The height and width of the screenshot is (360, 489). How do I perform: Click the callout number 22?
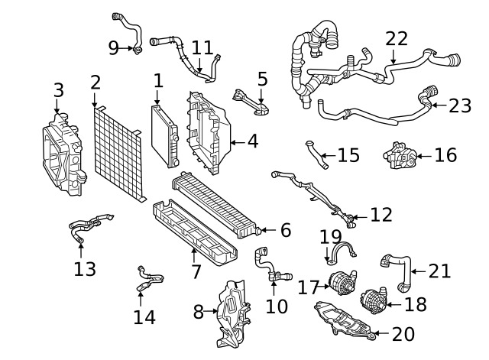(x=397, y=38)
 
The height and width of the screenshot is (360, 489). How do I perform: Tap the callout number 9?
(x=114, y=48)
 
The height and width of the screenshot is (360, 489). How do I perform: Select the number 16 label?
(x=445, y=155)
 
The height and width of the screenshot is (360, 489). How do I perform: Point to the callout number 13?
(x=85, y=268)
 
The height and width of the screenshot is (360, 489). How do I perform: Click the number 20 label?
(x=402, y=334)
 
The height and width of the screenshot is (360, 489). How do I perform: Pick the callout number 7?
(x=196, y=271)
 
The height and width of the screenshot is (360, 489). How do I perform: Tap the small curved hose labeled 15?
(x=316, y=153)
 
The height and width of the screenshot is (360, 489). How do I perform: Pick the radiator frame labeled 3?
(x=63, y=155)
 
